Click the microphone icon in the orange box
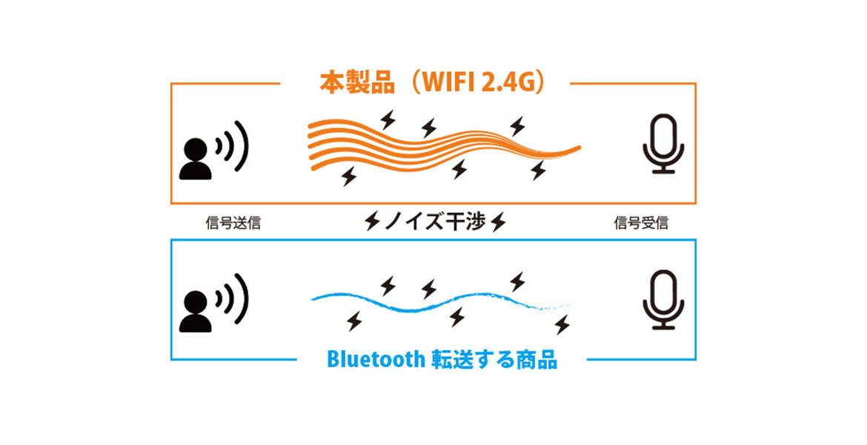point(663,144)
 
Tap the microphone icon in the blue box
point(663,300)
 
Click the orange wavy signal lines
point(442,145)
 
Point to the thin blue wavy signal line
point(442,302)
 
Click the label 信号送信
point(233,223)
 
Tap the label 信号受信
point(641,223)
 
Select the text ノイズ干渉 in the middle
point(434,222)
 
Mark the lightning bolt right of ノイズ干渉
point(498,222)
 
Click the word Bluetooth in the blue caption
point(376,359)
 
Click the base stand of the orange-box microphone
point(663,171)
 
